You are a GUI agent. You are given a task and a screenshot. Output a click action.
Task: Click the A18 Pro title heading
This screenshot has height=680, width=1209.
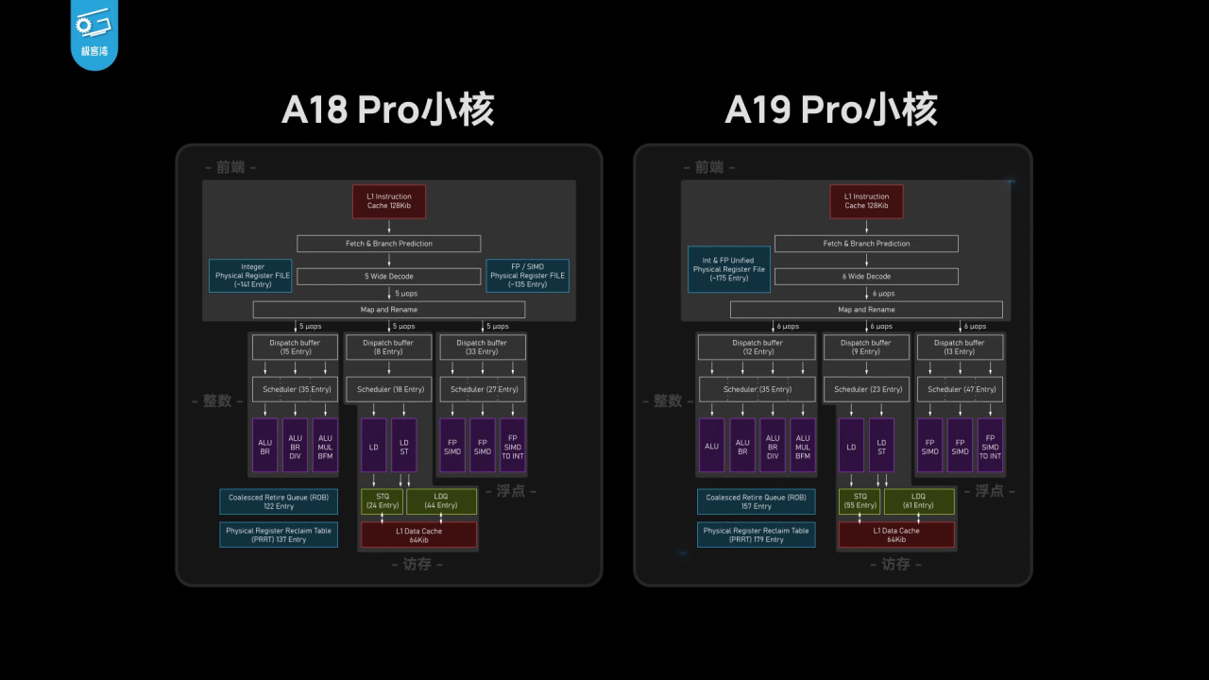pyautogui.click(x=388, y=110)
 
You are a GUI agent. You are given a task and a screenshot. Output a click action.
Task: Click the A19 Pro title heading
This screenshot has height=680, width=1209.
pyautogui.click(x=830, y=110)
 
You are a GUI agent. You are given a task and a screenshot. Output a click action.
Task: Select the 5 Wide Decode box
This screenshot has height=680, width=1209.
pyautogui.click(x=389, y=276)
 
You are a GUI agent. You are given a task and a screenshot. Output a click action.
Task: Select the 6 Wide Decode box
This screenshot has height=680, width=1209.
pyautogui.click(x=866, y=276)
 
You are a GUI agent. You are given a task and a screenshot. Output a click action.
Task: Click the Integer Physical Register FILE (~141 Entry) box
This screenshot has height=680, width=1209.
pyautogui.click(x=250, y=276)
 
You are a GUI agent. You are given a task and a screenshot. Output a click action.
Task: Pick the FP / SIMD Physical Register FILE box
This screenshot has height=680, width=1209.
pyautogui.click(x=527, y=276)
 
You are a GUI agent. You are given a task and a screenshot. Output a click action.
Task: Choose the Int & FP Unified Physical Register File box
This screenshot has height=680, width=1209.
pyautogui.click(x=728, y=269)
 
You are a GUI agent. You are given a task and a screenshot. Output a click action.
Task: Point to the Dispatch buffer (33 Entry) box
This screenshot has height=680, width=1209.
pyautogui.click(x=482, y=347)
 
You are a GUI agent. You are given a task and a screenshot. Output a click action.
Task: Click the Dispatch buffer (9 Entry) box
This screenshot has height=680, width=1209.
pyautogui.click(x=865, y=347)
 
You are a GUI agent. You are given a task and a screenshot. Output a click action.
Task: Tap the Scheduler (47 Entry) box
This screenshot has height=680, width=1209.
pyautogui.click(x=960, y=388)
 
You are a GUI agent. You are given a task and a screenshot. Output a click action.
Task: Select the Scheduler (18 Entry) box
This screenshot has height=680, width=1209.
pyautogui.click(x=389, y=388)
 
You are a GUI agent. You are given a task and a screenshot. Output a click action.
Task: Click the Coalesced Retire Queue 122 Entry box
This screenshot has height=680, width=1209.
pyautogui.click(x=279, y=501)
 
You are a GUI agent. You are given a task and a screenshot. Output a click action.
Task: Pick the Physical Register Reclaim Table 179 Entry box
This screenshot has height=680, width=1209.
pyautogui.click(x=756, y=535)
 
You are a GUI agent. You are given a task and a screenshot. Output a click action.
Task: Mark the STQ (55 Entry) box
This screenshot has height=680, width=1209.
pyautogui.click(x=860, y=501)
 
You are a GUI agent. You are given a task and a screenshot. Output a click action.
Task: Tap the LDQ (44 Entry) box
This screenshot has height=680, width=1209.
pyautogui.click(x=441, y=501)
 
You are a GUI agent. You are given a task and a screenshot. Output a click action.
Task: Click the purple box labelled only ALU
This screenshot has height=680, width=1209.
pyautogui.click(x=711, y=446)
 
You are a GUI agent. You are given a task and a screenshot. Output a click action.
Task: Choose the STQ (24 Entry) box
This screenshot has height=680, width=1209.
pyautogui.click(x=382, y=501)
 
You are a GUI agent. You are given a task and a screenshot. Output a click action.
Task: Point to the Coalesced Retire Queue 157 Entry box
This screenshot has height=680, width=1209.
pyautogui.click(x=756, y=501)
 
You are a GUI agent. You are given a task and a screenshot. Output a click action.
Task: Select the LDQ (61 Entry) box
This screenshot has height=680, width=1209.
pyautogui.click(x=919, y=501)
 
